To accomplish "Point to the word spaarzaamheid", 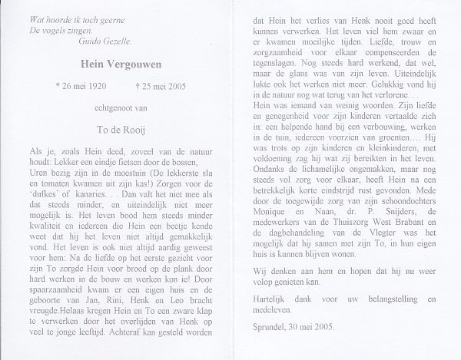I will tap(54, 306).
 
